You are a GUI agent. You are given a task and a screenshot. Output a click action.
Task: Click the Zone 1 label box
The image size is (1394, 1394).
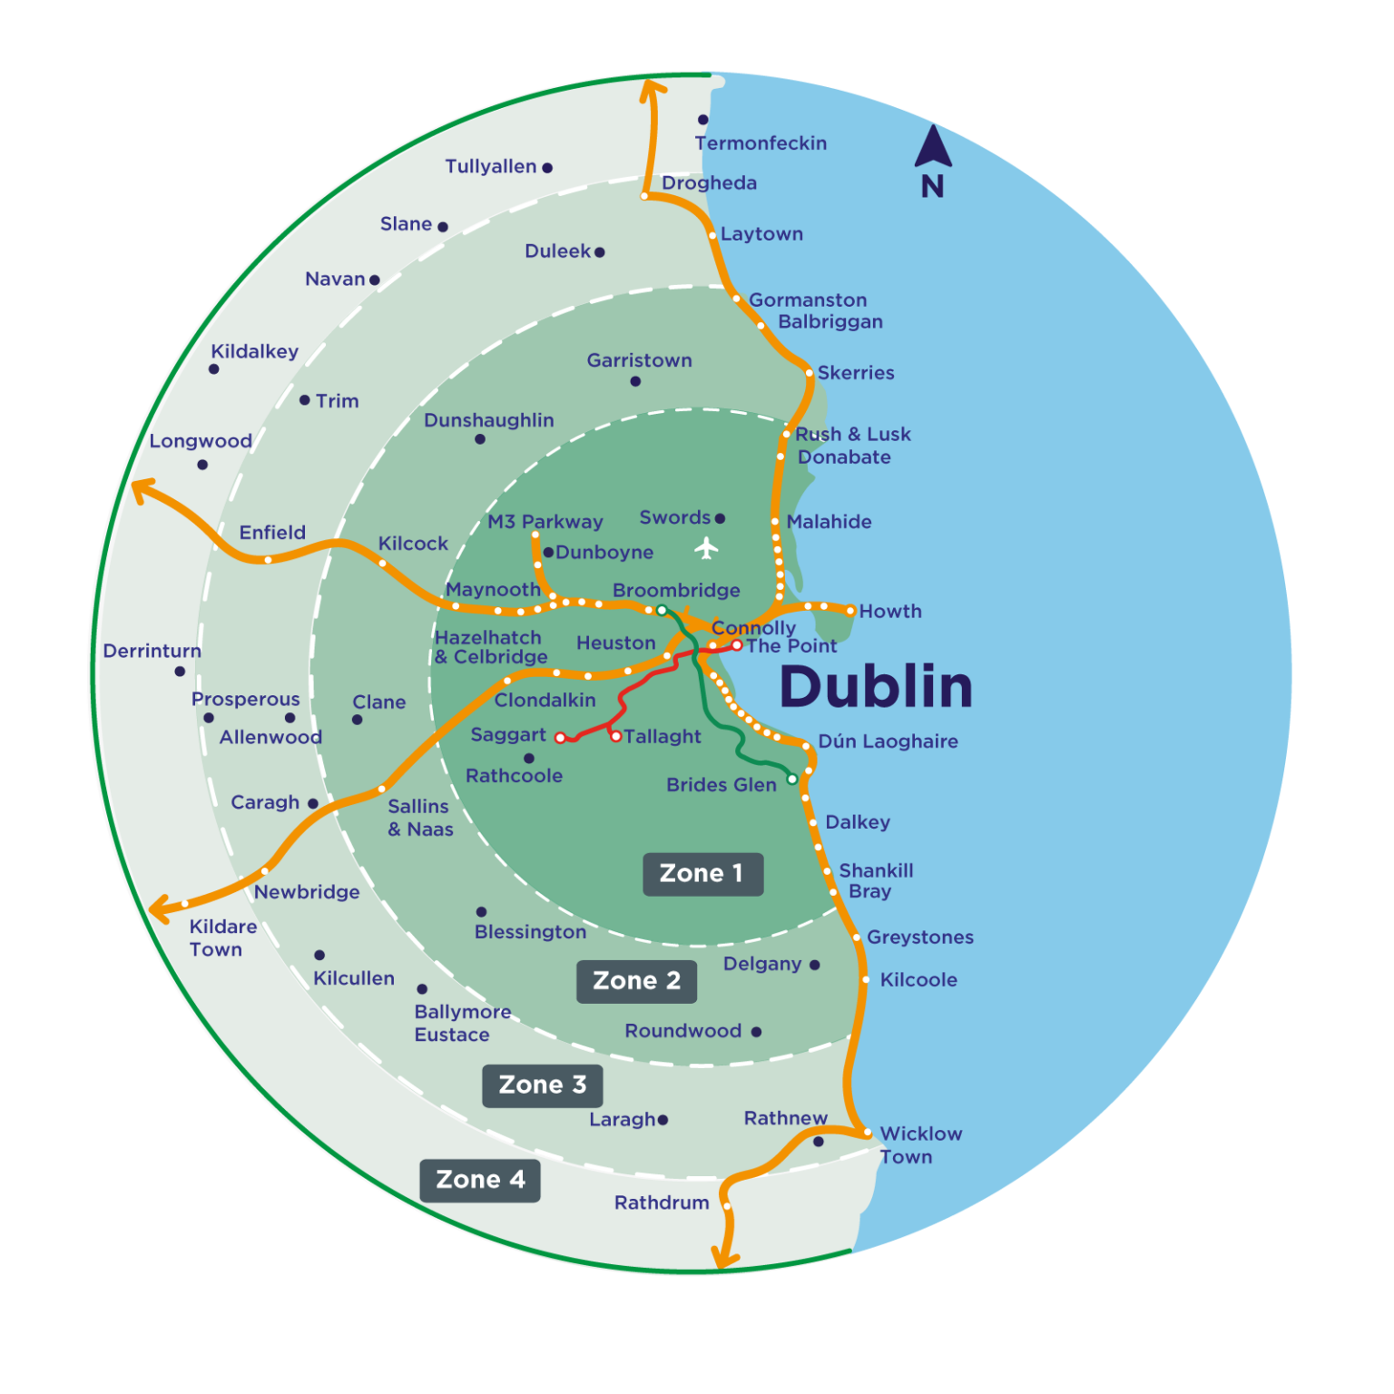(x=702, y=874)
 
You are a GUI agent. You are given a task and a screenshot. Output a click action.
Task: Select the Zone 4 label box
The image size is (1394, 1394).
(x=480, y=1180)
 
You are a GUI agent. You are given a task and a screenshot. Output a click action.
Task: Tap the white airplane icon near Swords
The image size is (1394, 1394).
(x=706, y=548)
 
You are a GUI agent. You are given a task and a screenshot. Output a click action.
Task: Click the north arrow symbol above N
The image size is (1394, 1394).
(x=933, y=147)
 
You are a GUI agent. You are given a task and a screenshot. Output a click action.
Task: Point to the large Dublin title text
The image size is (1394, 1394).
(x=876, y=687)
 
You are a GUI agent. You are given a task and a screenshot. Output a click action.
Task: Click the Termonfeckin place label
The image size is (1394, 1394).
(x=761, y=143)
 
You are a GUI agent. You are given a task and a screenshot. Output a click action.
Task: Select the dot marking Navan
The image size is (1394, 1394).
(x=375, y=280)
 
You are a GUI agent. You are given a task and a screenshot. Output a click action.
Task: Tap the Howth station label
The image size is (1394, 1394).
(x=890, y=612)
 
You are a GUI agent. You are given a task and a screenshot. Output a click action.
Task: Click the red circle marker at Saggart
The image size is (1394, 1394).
(x=560, y=738)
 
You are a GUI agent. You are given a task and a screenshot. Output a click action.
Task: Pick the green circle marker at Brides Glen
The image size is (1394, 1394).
(x=791, y=779)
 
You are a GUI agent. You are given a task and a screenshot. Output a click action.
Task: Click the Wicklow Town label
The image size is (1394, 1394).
(x=919, y=1145)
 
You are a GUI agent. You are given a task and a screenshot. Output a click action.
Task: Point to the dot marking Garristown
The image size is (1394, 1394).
(x=635, y=381)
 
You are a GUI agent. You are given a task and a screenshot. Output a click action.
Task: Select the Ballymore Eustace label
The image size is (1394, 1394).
(x=462, y=1024)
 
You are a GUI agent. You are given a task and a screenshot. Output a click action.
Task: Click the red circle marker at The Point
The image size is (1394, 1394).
(x=737, y=645)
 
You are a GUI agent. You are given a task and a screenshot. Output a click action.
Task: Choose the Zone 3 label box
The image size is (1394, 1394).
(x=542, y=1085)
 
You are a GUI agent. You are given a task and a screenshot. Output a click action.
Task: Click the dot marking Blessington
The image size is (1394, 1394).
(x=481, y=911)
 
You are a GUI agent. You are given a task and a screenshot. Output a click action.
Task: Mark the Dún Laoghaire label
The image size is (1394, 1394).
(x=888, y=741)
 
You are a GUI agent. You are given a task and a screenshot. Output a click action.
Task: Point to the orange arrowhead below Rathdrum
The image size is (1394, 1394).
(x=724, y=1258)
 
